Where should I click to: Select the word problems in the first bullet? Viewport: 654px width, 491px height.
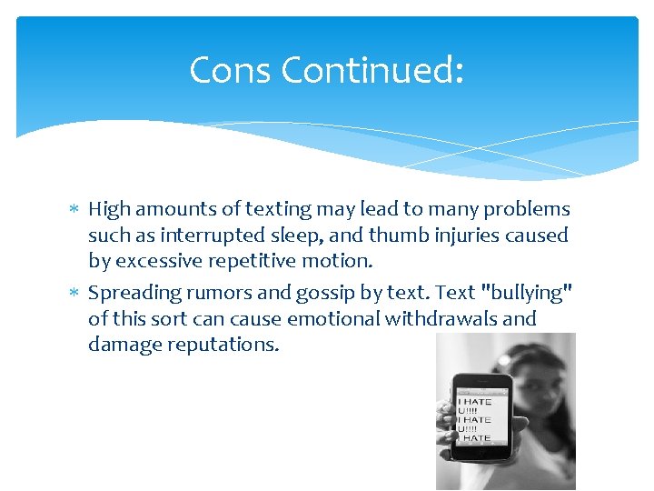[x=527, y=209]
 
